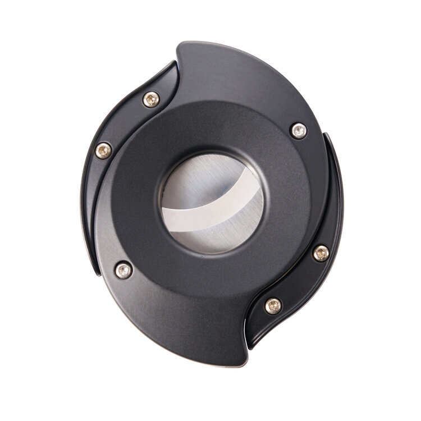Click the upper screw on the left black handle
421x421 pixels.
[x=151, y=100]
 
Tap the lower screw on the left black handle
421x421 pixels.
[x=103, y=150]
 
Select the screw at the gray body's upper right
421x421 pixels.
[x=299, y=131]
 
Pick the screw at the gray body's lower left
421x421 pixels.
[x=123, y=270]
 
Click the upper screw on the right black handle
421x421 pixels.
[x=321, y=253]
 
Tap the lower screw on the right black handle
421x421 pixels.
[x=273, y=306]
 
